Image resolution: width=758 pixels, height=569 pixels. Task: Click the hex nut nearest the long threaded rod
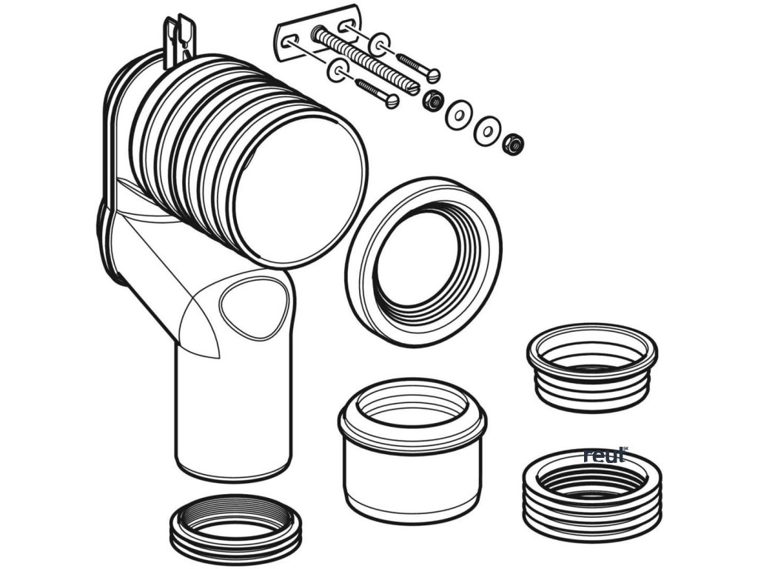(x=432, y=101)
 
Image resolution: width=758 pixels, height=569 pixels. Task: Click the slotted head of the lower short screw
(x=392, y=101)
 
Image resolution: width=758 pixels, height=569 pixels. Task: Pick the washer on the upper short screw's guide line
(x=380, y=45)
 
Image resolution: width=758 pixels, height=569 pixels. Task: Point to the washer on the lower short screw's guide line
(x=338, y=71)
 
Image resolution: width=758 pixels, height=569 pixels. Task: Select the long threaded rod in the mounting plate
(x=365, y=61)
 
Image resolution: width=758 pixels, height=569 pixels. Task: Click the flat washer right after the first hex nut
(x=457, y=115)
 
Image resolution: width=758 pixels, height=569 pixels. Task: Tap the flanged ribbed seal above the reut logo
(x=591, y=367)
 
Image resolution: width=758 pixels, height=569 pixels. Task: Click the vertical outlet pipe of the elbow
(x=233, y=416)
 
